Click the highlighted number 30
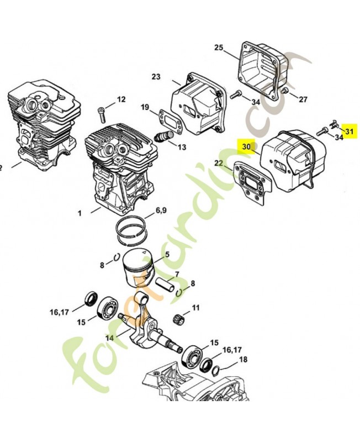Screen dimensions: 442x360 click(246, 147)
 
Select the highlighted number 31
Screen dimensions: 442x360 click(349, 131)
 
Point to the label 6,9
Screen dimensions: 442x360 click(161, 210)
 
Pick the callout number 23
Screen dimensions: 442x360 click(155, 76)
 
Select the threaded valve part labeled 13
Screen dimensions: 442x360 click(163, 136)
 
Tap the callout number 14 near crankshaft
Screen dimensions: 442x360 click(109, 338)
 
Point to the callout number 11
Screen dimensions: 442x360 click(196, 307)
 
